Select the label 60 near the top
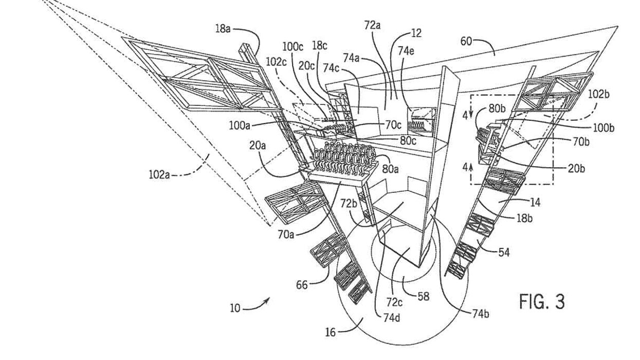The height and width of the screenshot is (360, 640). point(466,41)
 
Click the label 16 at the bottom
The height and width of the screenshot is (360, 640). point(330,333)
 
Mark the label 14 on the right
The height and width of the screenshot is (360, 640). point(535,203)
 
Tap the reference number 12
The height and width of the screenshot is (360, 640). point(416,33)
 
